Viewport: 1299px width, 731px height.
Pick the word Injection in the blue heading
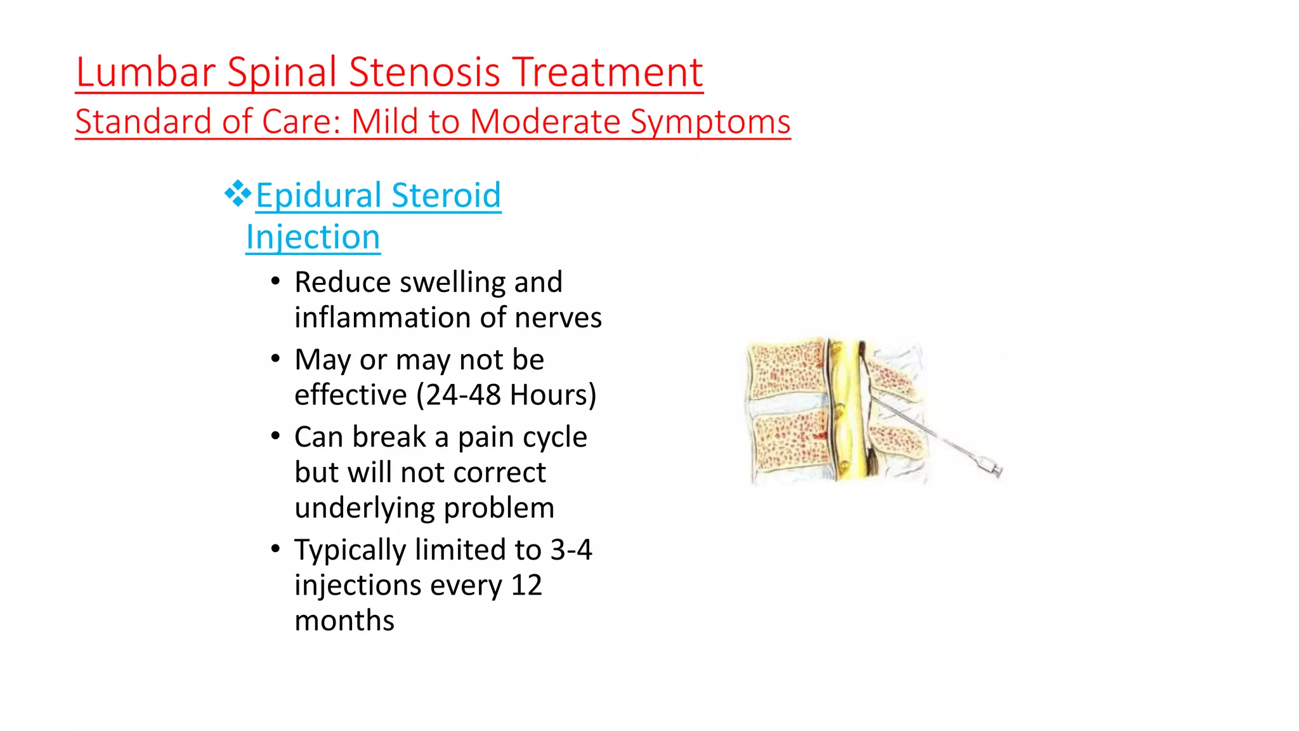click(x=313, y=237)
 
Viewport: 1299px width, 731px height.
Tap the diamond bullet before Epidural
click(x=237, y=194)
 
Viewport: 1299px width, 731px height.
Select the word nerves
click(x=558, y=317)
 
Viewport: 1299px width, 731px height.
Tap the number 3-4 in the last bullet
click(x=571, y=550)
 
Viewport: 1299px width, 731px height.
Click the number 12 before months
click(x=526, y=585)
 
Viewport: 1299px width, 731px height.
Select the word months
click(x=344, y=621)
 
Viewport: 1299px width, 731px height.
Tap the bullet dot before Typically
click(x=275, y=548)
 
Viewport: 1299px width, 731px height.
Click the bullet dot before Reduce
click(x=275, y=281)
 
